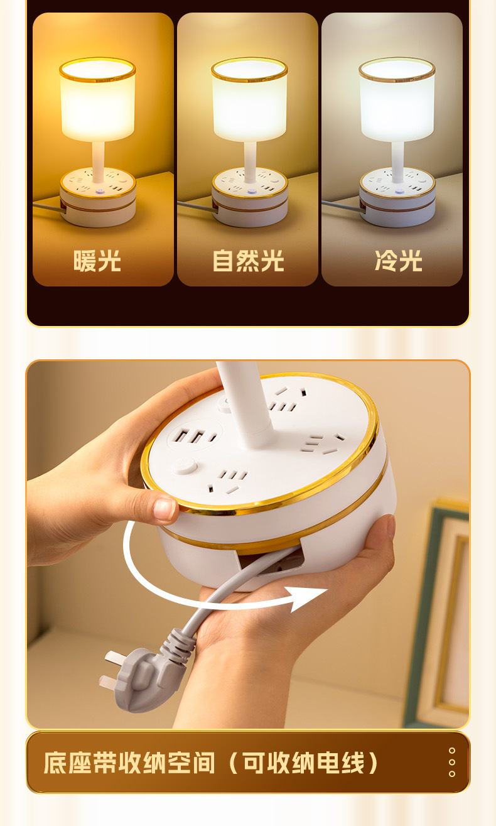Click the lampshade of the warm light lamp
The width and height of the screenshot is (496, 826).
point(97,101)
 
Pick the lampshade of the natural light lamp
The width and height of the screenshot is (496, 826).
point(249,101)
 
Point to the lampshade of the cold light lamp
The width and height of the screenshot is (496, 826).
point(397,101)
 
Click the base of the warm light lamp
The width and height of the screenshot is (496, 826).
point(98,198)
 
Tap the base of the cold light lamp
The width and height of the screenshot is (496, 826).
point(397,198)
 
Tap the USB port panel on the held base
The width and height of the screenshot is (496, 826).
point(195,435)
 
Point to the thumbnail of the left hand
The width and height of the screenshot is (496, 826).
point(165,509)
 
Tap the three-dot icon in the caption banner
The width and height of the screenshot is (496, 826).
point(451,762)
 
